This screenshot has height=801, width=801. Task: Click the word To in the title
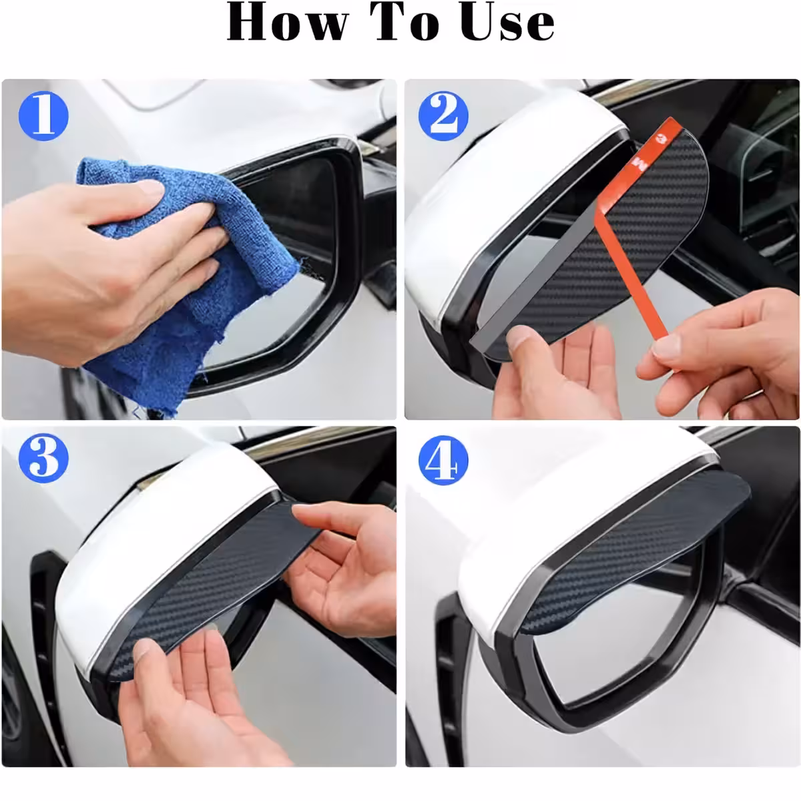coord(411,21)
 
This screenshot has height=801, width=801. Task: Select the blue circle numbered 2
coord(439,115)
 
